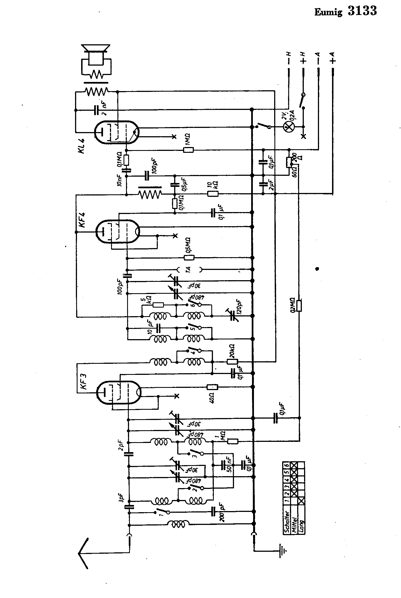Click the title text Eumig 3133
coord(345,11)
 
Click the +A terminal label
coord(333,58)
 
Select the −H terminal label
coord(289,58)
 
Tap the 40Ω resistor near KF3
coord(212,387)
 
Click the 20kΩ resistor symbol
coord(232,362)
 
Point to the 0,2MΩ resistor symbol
coord(299,306)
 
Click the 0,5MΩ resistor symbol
coord(189,258)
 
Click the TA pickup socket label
coord(188,269)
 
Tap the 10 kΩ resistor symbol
coord(213,194)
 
